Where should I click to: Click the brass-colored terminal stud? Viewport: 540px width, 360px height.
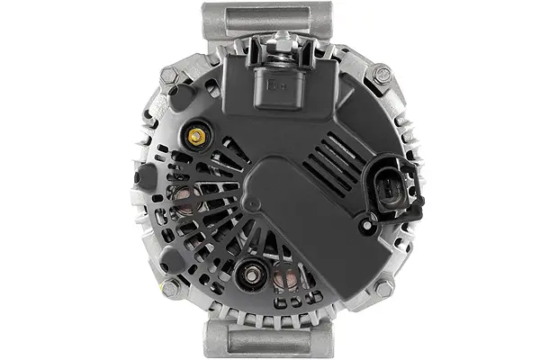pos(195,136)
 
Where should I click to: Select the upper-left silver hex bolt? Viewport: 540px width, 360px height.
pos(169,78)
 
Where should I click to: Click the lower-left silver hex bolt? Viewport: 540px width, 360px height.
pos(170,288)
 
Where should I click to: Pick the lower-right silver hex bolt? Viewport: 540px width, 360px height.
pos(383,288)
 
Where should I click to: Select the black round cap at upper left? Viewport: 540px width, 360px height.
pos(182,98)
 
